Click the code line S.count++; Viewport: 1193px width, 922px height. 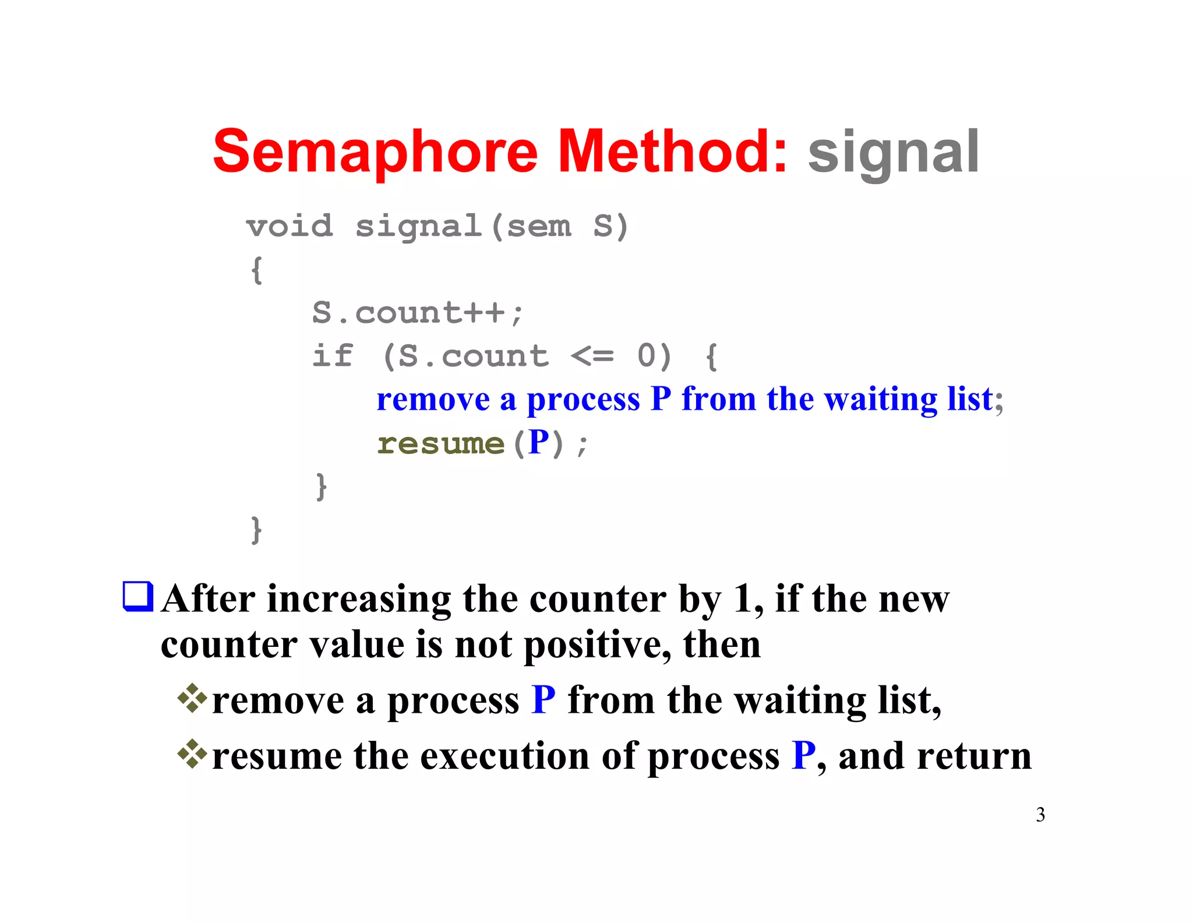pyautogui.click(x=418, y=313)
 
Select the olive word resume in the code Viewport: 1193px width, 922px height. pyautogui.click(x=440, y=444)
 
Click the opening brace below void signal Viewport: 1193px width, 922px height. pyautogui.click(x=257, y=270)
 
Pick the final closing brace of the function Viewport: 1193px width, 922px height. pyautogui.click(x=256, y=530)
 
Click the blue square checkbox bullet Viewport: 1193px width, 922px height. pyautogui.click(x=138, y=597)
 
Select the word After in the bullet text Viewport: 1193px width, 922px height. pyautogui.click(x=208, y=600)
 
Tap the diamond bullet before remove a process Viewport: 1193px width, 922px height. pyautogui.click(x=192, y=699)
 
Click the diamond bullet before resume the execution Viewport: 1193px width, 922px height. pyautogui.click(x=192, y=754)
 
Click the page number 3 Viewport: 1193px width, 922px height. pyautogui.click(x=1040, y=815)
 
